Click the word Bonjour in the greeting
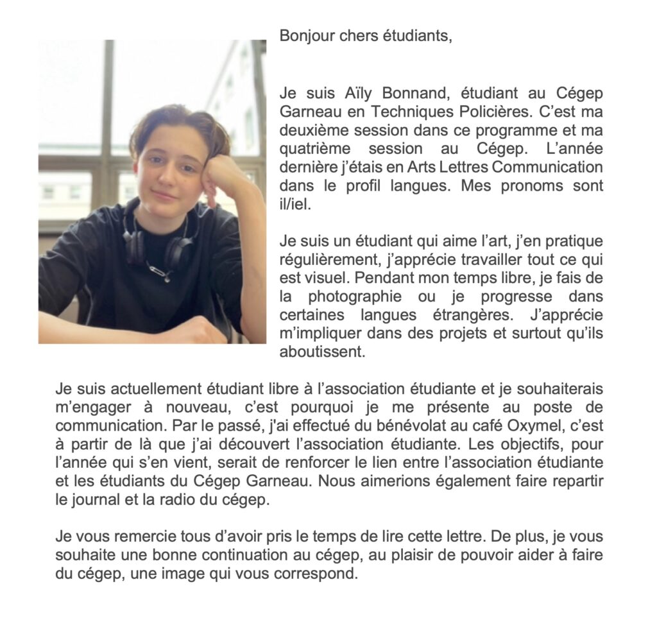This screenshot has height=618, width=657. click(x=302, y=37)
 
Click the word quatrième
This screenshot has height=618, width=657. click(x=313, y=149)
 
